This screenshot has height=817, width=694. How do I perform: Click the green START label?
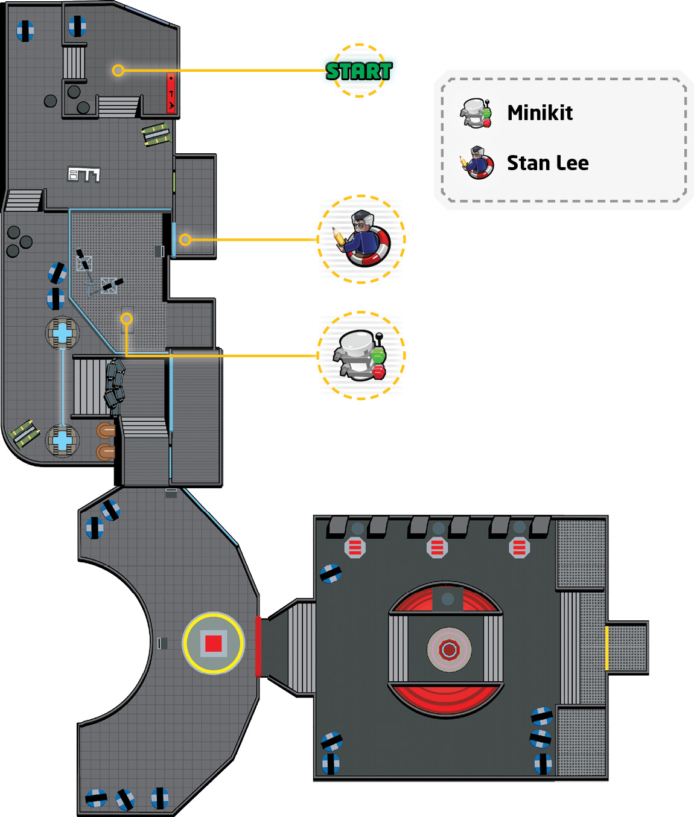(x=359, y=71)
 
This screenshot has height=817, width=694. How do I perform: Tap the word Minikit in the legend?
(x=540, y=113)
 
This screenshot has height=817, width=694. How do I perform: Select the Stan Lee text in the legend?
(x=548, y=163)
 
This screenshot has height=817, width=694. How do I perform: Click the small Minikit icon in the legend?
(x=476, y=113)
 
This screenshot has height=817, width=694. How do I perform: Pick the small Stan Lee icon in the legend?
(x=477, y=162)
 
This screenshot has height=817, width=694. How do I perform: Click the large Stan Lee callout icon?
(x=361, y=238)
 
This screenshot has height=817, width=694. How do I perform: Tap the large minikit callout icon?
(x=360, y=355)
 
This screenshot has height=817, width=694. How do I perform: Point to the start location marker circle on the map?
(x=118, y=71)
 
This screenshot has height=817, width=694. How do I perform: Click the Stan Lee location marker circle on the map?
(x=185, y=240)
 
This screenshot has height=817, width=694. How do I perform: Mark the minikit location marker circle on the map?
(x=127, y=319)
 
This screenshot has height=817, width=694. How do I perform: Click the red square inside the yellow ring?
(x=214, y=643)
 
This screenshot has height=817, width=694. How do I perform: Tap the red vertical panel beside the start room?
(x=171, y=93)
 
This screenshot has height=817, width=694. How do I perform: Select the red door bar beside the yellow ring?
(x=258, y=646)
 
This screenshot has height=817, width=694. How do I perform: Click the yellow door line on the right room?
(x=606, y=648)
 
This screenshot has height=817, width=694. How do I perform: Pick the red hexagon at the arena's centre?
(x=449, y=649)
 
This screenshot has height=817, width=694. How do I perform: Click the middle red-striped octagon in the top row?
(x=437, y=548)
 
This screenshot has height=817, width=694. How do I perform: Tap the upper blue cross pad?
(x=62, y=333)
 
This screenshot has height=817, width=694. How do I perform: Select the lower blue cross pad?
(x=62, y=440)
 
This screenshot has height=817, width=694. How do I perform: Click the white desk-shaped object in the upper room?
(x=84, y=174)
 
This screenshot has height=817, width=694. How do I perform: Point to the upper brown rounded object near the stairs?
(x=106, y=430)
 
